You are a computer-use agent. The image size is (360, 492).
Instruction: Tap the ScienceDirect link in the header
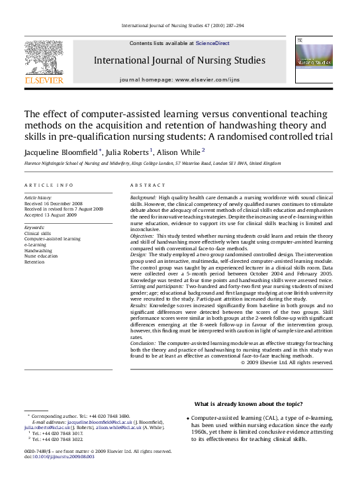[212, 43]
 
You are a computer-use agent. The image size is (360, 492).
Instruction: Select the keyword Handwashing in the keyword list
[38, 251]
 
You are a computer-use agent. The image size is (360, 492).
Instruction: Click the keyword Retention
[34, 262]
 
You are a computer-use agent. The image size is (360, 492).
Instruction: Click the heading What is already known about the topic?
[248, 404]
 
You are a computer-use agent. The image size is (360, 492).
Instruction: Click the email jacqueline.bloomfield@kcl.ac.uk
[97, 421]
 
